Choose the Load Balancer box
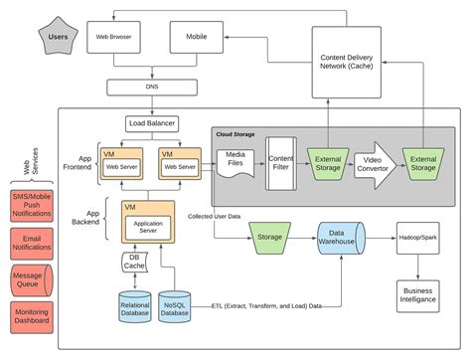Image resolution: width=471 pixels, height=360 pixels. click(x=153, y=124)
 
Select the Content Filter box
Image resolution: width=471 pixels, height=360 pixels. click(x=282, y=161)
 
